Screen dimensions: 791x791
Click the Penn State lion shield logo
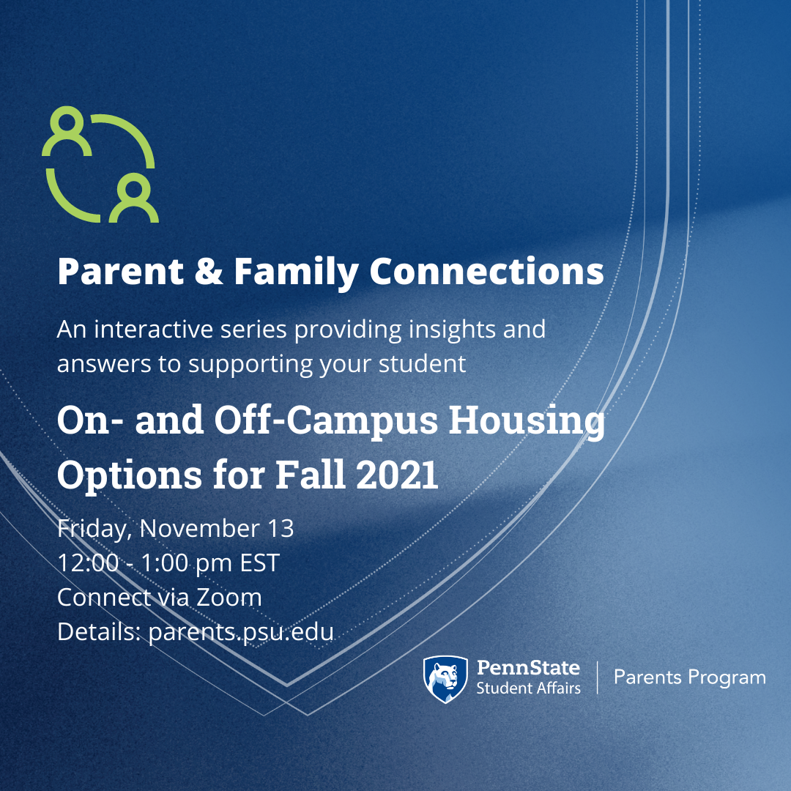click(445, 678)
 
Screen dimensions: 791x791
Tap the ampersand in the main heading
click(208, 272)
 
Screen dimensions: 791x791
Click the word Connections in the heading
click(487, 272)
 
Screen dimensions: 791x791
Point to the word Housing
click(527, 421)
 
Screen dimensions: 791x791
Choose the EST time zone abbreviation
click(259, 563)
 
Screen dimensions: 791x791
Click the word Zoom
click(229, 598)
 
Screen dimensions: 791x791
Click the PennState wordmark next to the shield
click(528, 667)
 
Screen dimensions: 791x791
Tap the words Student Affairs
click(528, 688)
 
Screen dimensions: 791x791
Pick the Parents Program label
click(690, 678)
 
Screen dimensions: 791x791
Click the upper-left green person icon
click(67, 132)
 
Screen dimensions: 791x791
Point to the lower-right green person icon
click(134, 198)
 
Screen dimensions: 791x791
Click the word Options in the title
click(130, 475)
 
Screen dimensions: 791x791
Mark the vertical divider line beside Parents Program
click(598, 677)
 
